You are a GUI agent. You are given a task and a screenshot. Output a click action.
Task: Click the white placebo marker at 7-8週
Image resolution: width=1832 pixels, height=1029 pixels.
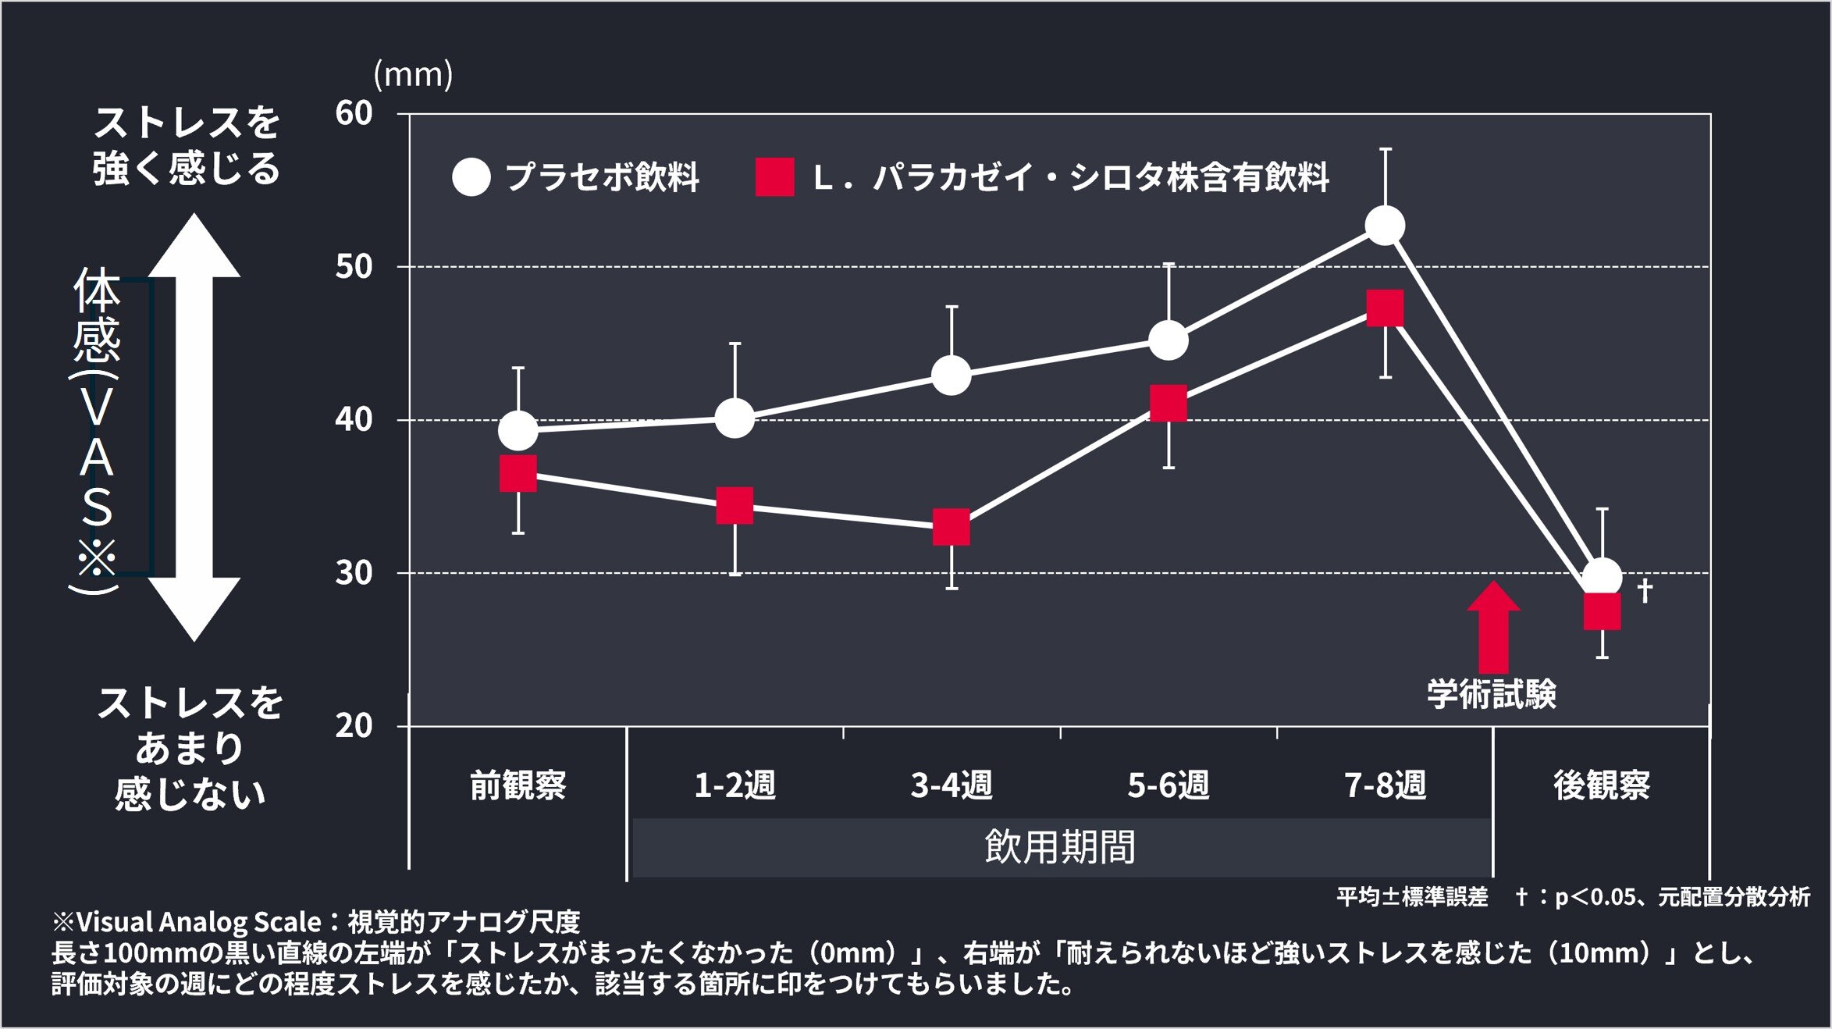(1385, 226)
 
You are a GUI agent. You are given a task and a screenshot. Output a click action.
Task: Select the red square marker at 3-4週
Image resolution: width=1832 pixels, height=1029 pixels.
(952, 527)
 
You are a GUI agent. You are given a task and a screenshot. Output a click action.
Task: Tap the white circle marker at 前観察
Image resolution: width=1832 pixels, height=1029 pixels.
(518, 430)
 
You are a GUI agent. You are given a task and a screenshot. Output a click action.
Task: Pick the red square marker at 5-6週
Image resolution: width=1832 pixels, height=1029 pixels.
(1169, 404)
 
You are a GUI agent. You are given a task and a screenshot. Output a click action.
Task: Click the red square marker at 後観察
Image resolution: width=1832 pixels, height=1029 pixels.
(1602, 611)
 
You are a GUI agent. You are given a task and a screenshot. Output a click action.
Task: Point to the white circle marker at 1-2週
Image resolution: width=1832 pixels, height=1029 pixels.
(735, 418)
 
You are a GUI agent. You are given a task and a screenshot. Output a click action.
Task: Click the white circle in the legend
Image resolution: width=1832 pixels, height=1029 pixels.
(471, 177)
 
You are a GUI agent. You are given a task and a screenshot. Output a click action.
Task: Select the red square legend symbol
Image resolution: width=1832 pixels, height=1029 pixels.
(774, 177)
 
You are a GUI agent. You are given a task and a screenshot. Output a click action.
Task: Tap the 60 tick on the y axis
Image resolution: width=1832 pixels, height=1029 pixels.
(354, 113)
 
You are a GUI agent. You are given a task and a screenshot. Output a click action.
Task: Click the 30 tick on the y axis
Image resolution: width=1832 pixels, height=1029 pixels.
(354, 573)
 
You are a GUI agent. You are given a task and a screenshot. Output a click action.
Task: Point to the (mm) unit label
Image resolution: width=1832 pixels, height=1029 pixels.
(413, 74)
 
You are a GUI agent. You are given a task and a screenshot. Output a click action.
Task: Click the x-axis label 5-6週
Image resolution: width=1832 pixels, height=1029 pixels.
(1168, 785)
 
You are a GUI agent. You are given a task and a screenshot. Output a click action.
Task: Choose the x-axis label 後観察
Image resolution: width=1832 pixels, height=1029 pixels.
(1602, 785)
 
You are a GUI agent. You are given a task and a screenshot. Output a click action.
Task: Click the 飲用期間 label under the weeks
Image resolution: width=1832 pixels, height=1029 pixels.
(1059, 847)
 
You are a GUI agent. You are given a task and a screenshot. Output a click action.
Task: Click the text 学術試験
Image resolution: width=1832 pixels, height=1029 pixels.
(1491, 693)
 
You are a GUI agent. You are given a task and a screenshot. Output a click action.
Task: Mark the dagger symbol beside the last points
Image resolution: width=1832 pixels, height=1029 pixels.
(1644, 589)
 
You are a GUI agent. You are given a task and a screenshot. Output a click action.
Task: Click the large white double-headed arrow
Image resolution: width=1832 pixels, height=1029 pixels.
(194, 427)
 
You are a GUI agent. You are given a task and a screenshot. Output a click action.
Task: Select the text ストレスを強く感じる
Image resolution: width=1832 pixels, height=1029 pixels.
(186, 145)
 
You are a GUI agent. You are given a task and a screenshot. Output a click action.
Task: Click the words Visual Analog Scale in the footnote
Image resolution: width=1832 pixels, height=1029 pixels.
(198, 922)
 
